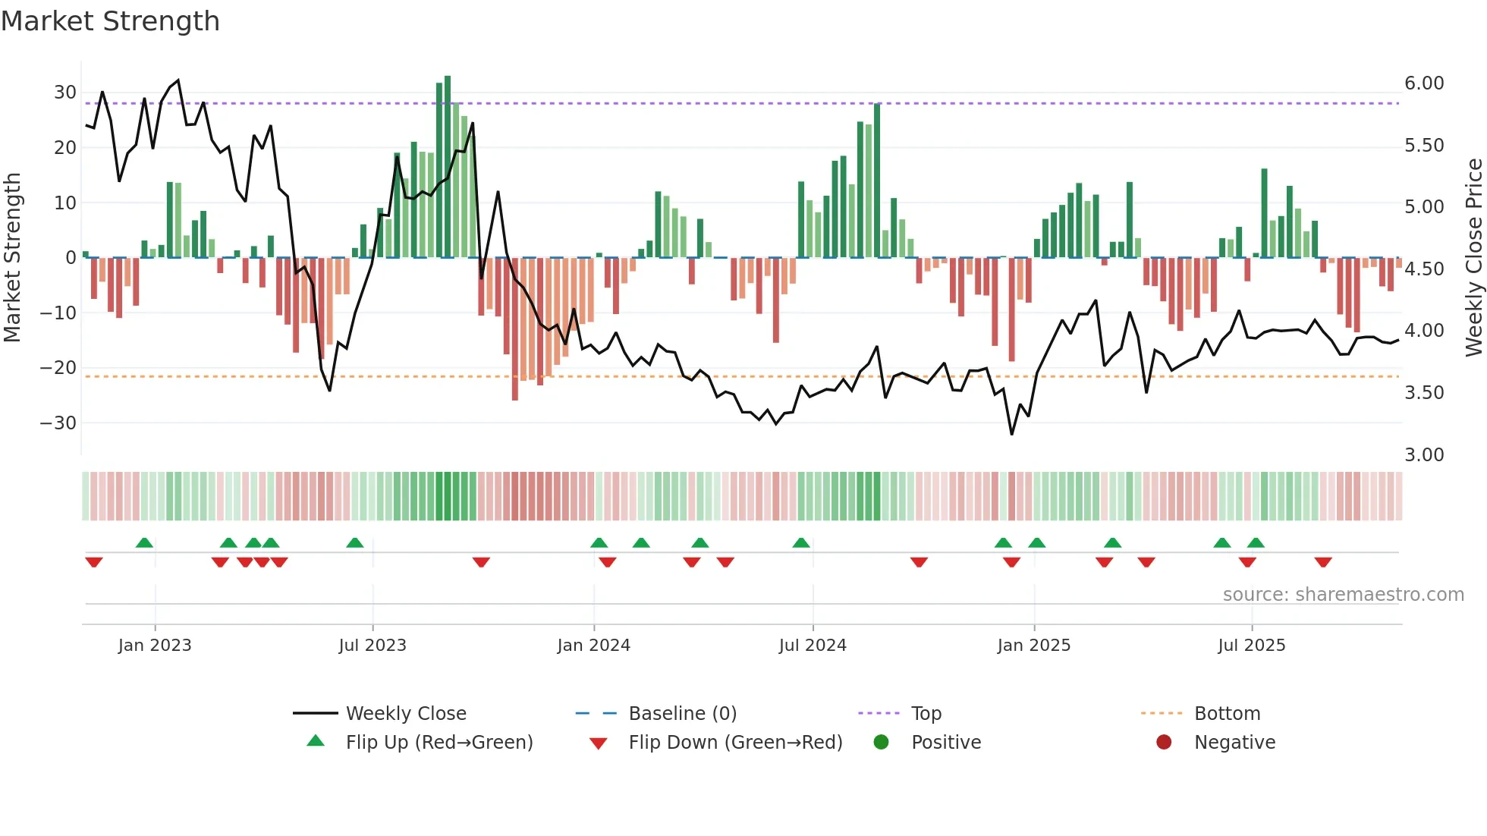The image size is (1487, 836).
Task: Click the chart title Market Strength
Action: tap(110, 21)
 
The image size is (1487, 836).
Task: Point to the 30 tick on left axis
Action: tap(64, 93)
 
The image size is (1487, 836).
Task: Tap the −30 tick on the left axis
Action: tap(58, 423)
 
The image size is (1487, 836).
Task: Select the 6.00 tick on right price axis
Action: tap(1424, 83)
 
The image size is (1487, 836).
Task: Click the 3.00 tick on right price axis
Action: tap(1424, 454)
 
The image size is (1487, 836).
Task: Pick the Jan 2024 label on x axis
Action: tap(593, 646)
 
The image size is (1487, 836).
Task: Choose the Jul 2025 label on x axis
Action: tap(1251, 646)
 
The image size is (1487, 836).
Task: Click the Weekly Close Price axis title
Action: tap(1473, 258)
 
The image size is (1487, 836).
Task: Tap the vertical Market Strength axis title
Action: tap(12, 258)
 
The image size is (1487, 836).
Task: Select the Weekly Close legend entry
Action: tap(405, 714)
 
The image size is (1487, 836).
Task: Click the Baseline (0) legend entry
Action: tap(682, 714)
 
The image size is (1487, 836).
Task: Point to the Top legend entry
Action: tap(926, 714)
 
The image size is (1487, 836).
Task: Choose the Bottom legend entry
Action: tap(1227, 714)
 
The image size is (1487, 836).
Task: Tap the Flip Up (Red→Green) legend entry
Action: tap(439, 743)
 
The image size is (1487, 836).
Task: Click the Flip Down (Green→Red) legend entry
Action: tap(734, 743)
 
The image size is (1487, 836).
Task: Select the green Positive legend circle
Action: tap(881, 742)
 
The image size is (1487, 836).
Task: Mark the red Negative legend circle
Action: tap(1164, 742)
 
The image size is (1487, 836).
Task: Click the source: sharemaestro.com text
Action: tap(1343, 595)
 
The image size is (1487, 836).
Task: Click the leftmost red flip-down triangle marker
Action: tap(94, 562)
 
